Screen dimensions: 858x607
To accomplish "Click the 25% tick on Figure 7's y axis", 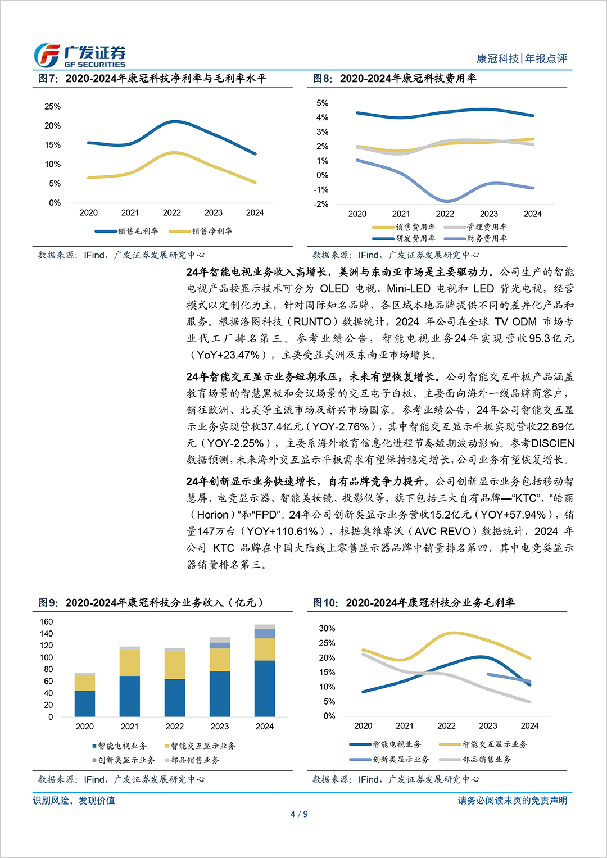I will [53, 106].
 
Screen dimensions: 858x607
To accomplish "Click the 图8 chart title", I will [395, 79].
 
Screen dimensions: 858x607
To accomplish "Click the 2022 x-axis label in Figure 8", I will [445, 214].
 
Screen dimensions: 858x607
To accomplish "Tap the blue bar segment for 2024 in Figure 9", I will [265, 688].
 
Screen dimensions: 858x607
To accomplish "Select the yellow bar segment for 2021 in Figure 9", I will [130, 662].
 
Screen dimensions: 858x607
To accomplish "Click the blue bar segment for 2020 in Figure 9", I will [85, 703].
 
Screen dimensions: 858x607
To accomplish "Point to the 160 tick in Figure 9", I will [46, 621].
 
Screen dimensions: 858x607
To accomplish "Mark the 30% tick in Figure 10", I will [327, 628].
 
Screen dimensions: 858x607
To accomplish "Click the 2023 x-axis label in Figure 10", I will [488, 725].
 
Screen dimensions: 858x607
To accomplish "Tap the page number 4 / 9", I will [299, 814].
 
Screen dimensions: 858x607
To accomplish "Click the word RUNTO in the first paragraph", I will [312, 322].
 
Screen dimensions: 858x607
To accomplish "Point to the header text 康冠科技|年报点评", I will [522, 58].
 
